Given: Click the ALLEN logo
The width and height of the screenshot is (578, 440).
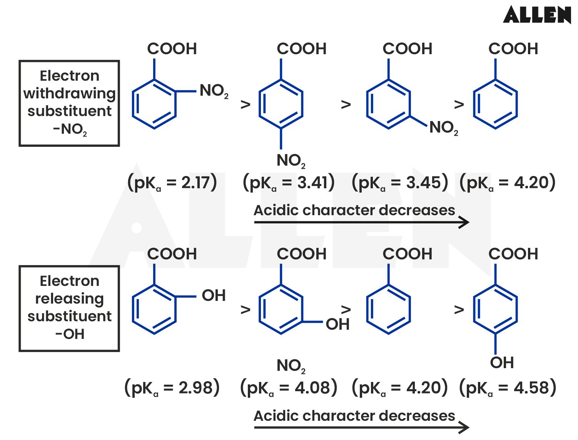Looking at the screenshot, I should (537, 15).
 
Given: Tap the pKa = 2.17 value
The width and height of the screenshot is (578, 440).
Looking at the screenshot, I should (172, 182).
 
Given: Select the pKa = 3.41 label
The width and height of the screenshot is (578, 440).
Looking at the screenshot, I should (289, 182).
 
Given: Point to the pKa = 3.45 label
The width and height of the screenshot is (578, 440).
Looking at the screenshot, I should (400, 182).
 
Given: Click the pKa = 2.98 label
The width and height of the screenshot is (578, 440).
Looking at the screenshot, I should (172, 387).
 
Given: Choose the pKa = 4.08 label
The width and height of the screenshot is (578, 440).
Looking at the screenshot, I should (289, 387).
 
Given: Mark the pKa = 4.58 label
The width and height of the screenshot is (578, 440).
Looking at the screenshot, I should (508, 387).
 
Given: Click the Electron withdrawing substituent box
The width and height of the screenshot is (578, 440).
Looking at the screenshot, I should (69, 103).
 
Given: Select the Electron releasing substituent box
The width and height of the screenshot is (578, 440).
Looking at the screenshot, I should (69, 308).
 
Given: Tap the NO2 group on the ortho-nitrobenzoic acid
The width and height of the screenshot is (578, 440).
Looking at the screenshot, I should (214, 91).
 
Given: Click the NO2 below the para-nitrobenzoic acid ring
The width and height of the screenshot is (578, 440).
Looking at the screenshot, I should (291, 161).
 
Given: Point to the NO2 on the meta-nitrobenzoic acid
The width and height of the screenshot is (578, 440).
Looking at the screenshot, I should (443, 128).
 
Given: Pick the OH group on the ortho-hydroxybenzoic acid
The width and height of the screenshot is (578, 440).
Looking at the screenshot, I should (214, 296).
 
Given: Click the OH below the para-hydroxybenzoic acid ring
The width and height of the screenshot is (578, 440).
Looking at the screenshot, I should (502, 362).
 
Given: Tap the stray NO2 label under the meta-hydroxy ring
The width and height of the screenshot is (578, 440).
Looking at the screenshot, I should (291, 366).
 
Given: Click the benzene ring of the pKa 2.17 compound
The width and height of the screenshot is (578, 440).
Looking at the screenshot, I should (154, 104).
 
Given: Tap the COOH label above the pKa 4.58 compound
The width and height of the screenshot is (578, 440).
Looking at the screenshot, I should (513, 254).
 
